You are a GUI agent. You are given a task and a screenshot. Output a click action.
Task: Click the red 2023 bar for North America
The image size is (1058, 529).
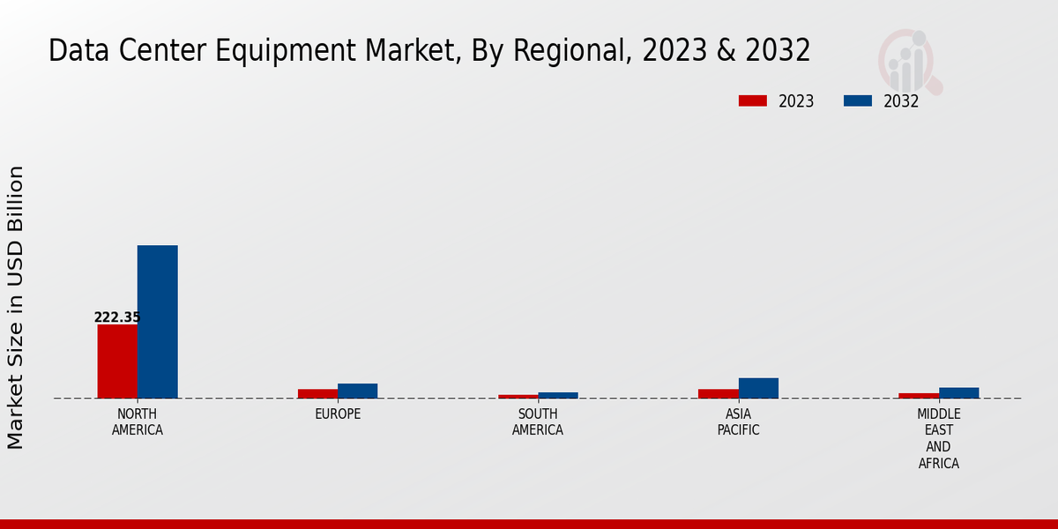(x=117, y=361)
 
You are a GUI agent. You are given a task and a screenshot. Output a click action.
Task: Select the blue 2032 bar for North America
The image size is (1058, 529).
(x=157, y=322)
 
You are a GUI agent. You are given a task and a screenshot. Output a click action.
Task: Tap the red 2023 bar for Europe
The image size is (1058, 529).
(x=317, y=393)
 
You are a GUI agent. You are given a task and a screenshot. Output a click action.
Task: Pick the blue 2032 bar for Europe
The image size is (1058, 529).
(x=357, y=391)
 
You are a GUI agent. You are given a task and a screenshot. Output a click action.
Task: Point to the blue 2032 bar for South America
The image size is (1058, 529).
(x=558, y=395)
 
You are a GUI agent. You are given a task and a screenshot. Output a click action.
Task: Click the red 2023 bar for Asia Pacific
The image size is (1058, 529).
(x=718, y=393)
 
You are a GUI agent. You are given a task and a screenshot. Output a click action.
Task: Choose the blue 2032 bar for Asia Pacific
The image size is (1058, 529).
(x=758, y=388)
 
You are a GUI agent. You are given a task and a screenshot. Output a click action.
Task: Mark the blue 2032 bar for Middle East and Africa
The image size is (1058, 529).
(x=958, y=392)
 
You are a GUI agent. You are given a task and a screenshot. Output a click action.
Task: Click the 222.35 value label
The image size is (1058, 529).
(x=117, y=317)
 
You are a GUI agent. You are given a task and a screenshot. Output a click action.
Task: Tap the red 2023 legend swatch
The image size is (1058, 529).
(x=752, y=101)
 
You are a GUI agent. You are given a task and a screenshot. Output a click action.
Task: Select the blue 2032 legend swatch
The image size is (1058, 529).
(x=857, y=101)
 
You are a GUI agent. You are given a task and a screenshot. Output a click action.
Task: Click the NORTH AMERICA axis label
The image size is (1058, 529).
(x=138, y=422)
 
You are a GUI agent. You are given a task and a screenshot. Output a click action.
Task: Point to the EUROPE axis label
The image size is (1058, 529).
(x=338, y=414)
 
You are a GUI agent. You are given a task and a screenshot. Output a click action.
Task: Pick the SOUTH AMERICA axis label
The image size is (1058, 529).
(x=538, y=422)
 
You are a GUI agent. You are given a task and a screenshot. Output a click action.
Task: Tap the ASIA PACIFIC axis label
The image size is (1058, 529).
(x=738, y=422)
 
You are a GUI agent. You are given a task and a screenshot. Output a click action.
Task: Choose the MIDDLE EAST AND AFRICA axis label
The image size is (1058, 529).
(x=939, y=438)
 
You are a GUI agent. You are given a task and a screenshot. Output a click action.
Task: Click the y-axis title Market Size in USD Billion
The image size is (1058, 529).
(x=16, y=307)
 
